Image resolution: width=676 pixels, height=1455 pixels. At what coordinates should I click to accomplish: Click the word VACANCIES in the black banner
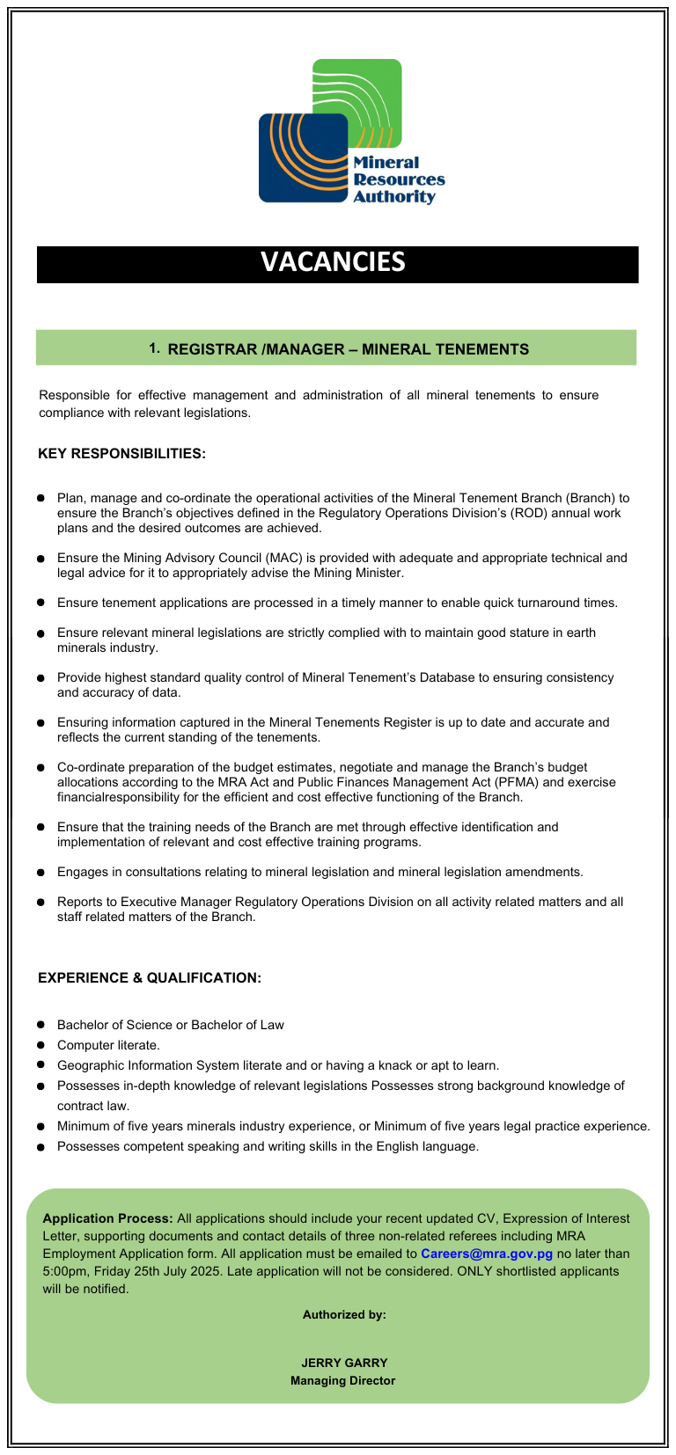[x=333, y=262]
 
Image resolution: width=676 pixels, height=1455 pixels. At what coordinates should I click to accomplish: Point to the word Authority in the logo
[x=394, y=197]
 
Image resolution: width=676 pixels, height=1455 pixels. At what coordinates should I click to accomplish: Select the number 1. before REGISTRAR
[x=154, y=348]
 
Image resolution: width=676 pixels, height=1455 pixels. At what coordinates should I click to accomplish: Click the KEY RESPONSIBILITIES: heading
[x=121, y=454]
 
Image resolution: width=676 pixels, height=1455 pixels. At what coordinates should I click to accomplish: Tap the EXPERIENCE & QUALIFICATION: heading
[x=150, y=978]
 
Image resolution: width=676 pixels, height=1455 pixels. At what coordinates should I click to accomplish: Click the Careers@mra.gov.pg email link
[x=487, y=1254]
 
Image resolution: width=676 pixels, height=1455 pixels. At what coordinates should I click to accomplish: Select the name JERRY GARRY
[x=344, y=1363]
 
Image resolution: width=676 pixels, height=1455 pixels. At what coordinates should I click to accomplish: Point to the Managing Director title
[x=343, y=1380]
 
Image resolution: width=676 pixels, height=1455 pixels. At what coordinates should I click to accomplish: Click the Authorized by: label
[x=344, y=1314]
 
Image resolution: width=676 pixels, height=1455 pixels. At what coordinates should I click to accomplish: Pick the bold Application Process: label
[x=107, y=1218]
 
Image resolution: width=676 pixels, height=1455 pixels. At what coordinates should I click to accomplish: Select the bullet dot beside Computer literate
[x=40, y=1045]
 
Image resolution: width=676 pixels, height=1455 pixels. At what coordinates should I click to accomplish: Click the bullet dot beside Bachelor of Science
[x=40, y=1025]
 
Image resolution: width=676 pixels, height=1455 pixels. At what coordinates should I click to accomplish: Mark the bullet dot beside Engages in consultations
[x=40, y=873]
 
